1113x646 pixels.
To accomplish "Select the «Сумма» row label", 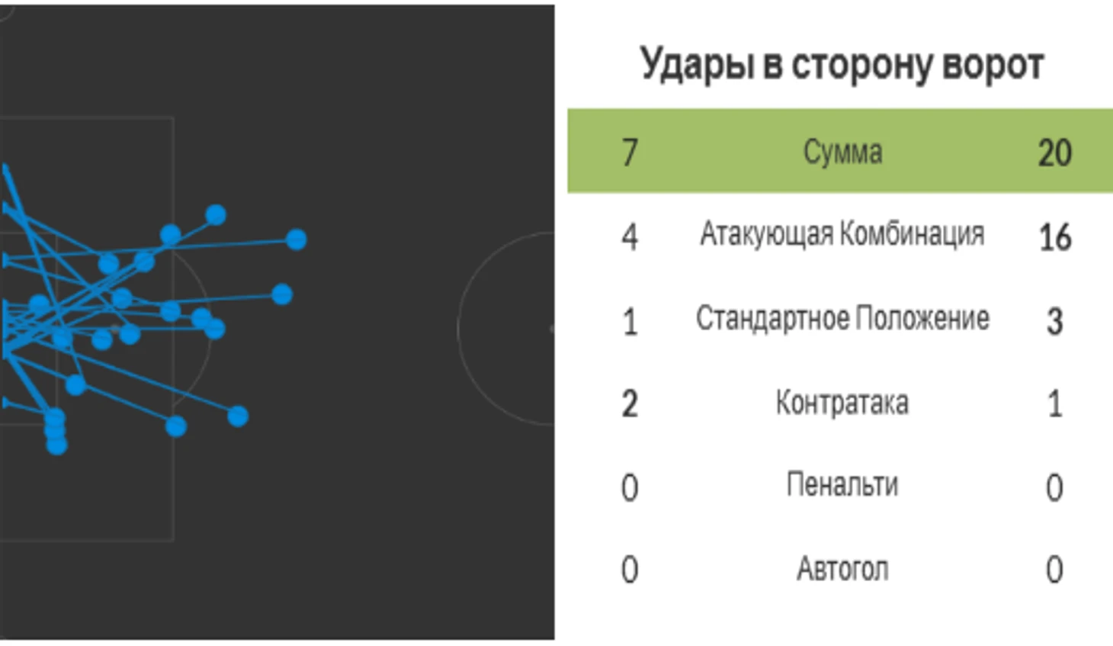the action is (x=842, y=152).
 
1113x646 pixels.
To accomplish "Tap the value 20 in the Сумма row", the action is (x=1055, y=153).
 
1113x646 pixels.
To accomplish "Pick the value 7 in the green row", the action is (x=630, y=153).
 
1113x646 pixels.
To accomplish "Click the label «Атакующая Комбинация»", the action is (x=842, y=233).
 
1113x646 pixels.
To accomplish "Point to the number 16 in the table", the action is (x=1055, y=237).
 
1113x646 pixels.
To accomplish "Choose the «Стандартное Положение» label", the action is (x=842, y=318).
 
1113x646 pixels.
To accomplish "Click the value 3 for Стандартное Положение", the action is (x=1055, y=322).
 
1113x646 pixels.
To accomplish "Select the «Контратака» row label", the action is (x=842, y=403).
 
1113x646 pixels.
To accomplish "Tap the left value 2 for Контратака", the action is (x=630, y=404).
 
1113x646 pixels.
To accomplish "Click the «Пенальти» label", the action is (x=842, y=484).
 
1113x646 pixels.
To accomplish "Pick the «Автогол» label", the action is (x=842, y=568).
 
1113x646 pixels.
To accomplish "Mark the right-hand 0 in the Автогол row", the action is (x=1055, y=570).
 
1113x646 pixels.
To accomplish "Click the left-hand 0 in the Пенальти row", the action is (x=630, y=488).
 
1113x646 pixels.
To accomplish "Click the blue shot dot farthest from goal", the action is (x=297, y=239).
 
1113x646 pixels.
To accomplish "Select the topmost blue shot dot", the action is (x=216, y=214).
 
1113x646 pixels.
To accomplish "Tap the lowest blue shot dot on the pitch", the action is (x=56, y=445).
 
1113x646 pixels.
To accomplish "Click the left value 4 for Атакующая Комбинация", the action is (x=630, y=237).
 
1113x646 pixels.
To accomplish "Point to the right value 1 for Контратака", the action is (x=1055, y=404).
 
